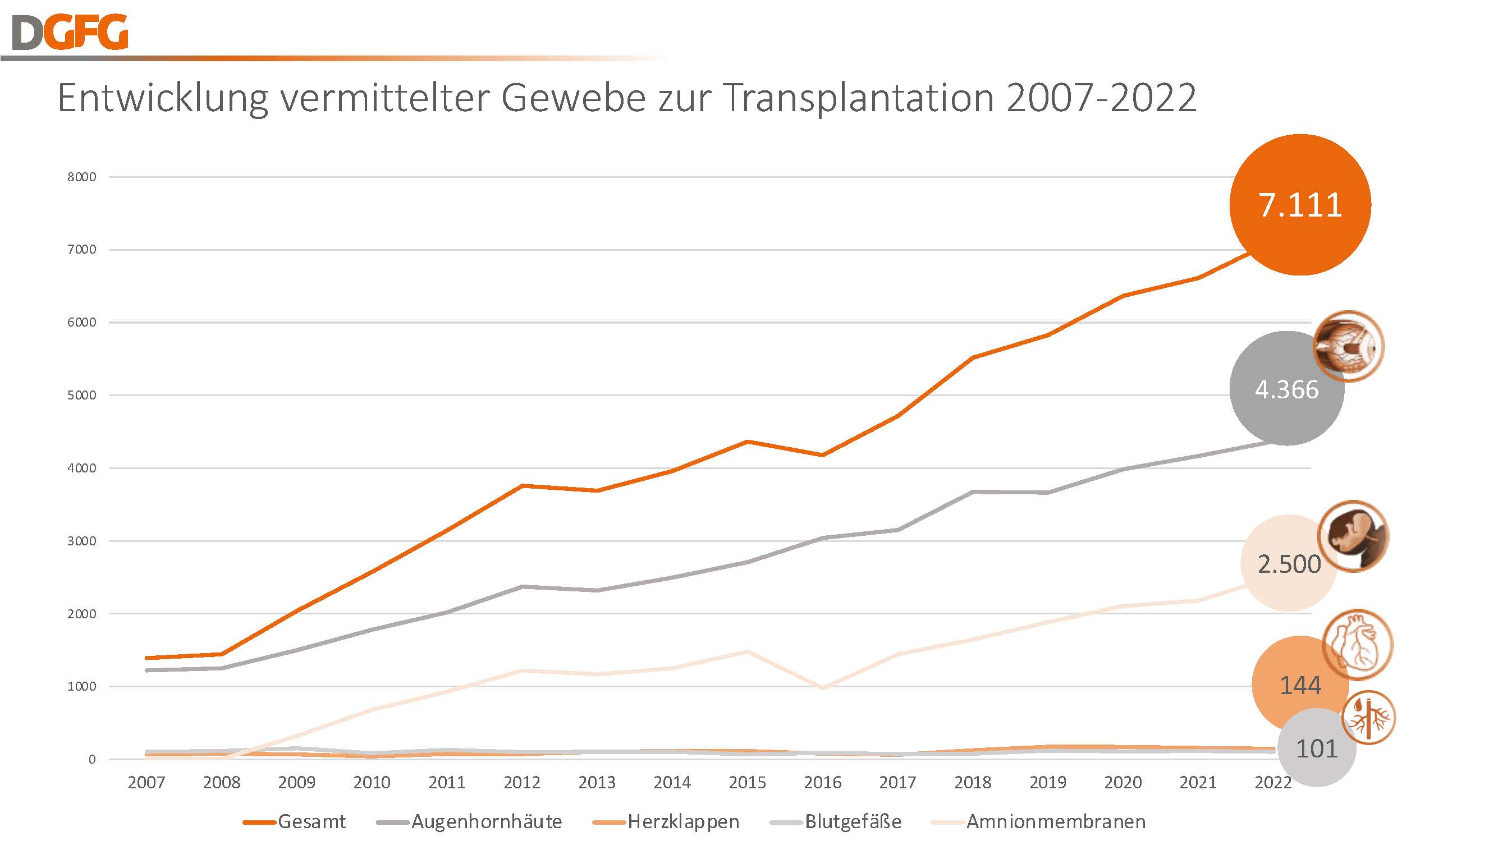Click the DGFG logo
coord(70,33)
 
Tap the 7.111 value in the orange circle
coord(1300,205)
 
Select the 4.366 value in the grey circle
coord(1286,389)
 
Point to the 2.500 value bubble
coord(1289,564)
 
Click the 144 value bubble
coord(1300,685)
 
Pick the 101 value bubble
coord(1317,748)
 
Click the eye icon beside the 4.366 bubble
coord(1348,347)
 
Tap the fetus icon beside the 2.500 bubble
coord(1354,536)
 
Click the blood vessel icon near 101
coord(1369,718)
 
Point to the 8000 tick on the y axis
coord(81,177)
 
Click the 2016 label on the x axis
coord(822,783)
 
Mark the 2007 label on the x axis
coord(146,783)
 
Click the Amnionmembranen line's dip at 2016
coord(823,688)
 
